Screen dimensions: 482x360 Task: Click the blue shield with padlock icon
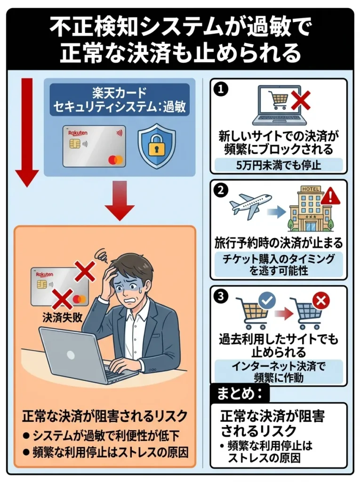pos(156,145)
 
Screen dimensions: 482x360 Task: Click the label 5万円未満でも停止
pos(278,165)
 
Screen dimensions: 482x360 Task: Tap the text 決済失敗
pos(62,317)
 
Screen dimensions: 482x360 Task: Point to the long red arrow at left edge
pos(27,132)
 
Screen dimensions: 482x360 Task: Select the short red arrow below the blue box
pos(120,201)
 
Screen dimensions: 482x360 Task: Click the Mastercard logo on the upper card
pos(115,160)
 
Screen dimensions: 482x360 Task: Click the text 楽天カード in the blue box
pos(120,92)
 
